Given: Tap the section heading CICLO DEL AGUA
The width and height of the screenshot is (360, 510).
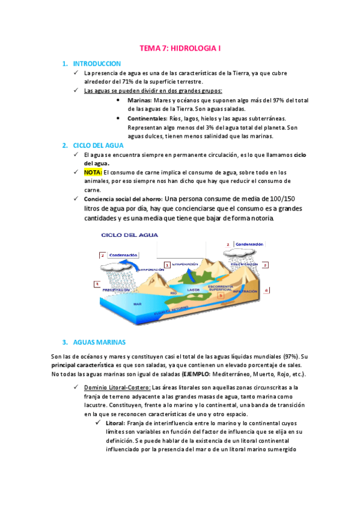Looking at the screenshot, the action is tap(98, 146).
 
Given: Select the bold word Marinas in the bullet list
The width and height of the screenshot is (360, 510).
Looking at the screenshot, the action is tap(139, 100).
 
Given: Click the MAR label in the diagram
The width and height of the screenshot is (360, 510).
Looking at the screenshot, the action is tap(137, 304).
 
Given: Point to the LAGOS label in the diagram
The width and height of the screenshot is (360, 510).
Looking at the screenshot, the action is tap(194, 290).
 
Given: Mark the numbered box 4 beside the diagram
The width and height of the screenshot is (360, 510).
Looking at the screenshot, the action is tap(266, 290).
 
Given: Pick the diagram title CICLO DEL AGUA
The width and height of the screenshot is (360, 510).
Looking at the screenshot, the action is tap(130, 235).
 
